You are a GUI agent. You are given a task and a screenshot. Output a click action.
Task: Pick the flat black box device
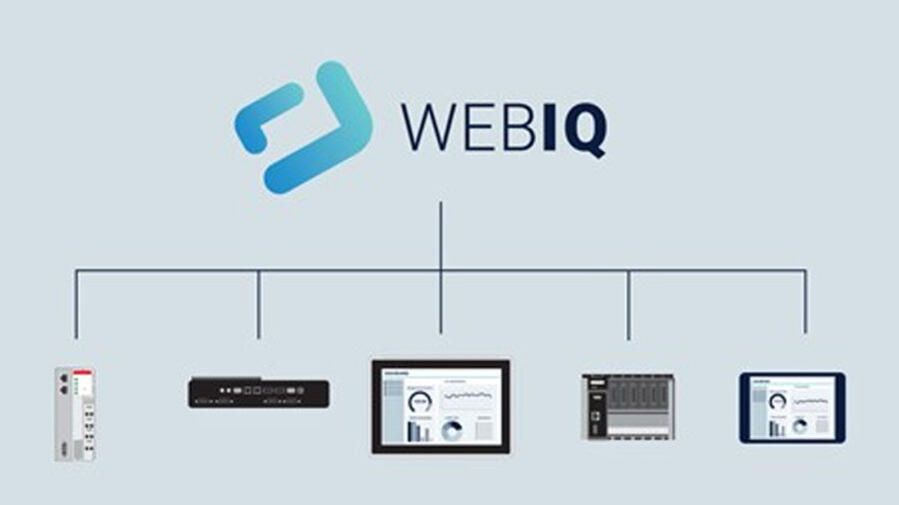coord(258,391)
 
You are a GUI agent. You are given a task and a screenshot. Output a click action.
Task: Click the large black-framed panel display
coord(441,407)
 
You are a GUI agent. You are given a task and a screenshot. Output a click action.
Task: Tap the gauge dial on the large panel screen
coord(419,400)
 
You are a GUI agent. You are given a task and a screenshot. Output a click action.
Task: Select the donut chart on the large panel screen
coord(451,429)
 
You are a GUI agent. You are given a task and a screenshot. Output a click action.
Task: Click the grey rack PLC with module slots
coord(627,407)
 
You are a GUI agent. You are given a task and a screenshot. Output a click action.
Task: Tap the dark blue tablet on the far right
coord(792,407)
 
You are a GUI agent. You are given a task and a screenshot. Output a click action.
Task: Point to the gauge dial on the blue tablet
coord(776,401)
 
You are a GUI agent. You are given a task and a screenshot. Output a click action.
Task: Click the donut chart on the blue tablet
coord(799,425)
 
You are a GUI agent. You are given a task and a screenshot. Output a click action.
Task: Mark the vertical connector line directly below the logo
coord(441,235)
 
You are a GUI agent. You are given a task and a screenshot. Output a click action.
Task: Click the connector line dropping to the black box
coord(259,304)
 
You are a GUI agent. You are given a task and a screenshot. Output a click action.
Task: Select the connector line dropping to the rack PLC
coord(628,304)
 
